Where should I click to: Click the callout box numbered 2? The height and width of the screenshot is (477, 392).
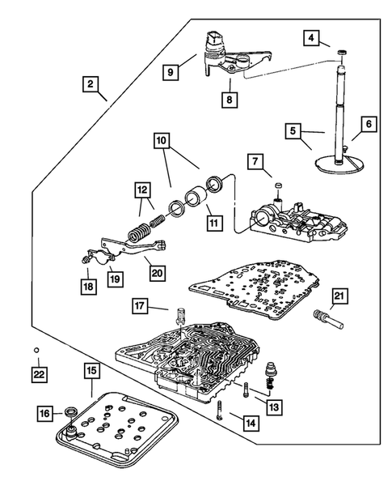click(91, 83)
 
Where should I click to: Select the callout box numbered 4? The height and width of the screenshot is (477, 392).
click(311, 38)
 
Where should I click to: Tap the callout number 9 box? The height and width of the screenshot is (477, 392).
click(171, 72)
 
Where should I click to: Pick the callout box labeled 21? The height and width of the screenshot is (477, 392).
click(339, 296)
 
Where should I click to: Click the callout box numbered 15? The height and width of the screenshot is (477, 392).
click(91, 370)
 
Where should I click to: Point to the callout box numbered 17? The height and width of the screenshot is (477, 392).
click(140, 306)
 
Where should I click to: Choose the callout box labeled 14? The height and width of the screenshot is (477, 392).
click(251, 424)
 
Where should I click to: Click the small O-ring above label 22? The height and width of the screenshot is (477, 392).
click(36, 350)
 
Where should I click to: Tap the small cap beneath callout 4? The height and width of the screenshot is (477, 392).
click(343, 53)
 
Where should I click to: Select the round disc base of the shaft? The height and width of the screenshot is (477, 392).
click(339, 163)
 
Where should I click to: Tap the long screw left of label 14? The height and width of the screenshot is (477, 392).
click(220, 410)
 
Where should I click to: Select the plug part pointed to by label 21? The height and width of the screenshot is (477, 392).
click(328, 319)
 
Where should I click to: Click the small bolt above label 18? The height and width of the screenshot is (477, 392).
click(85, 259)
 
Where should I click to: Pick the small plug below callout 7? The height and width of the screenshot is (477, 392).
click(278, 185)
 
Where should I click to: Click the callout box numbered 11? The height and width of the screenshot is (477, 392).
click(214, 223)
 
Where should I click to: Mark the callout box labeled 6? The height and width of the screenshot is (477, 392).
click(369, 124)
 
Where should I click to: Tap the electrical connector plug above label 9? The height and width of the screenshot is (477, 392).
click(214, 39)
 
